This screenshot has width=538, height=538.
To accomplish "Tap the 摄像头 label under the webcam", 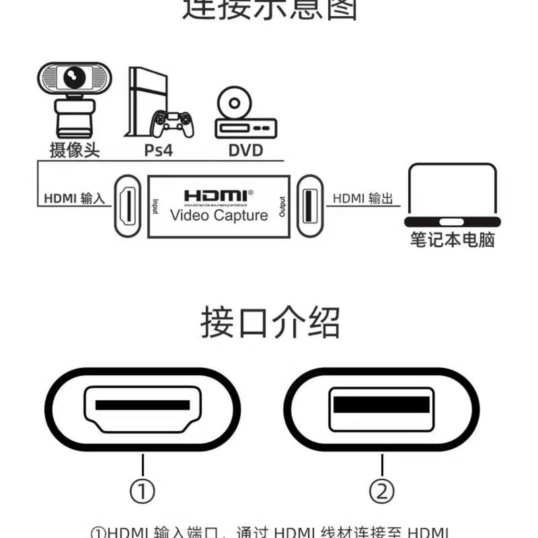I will click(75, 149).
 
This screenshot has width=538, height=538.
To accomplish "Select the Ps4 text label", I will click(159, 149).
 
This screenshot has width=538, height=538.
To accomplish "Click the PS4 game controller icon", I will click(172, 122).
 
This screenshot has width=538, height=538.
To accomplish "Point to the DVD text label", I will click(245, 149).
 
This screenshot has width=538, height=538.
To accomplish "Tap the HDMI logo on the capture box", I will click(219, 195).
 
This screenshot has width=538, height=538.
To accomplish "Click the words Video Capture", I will click(219, 215).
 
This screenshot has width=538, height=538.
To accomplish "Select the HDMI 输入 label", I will click(75, 199).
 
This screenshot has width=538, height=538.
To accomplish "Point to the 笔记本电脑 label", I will click(453, 240).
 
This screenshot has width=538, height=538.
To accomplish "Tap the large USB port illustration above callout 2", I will click(381, 408).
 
